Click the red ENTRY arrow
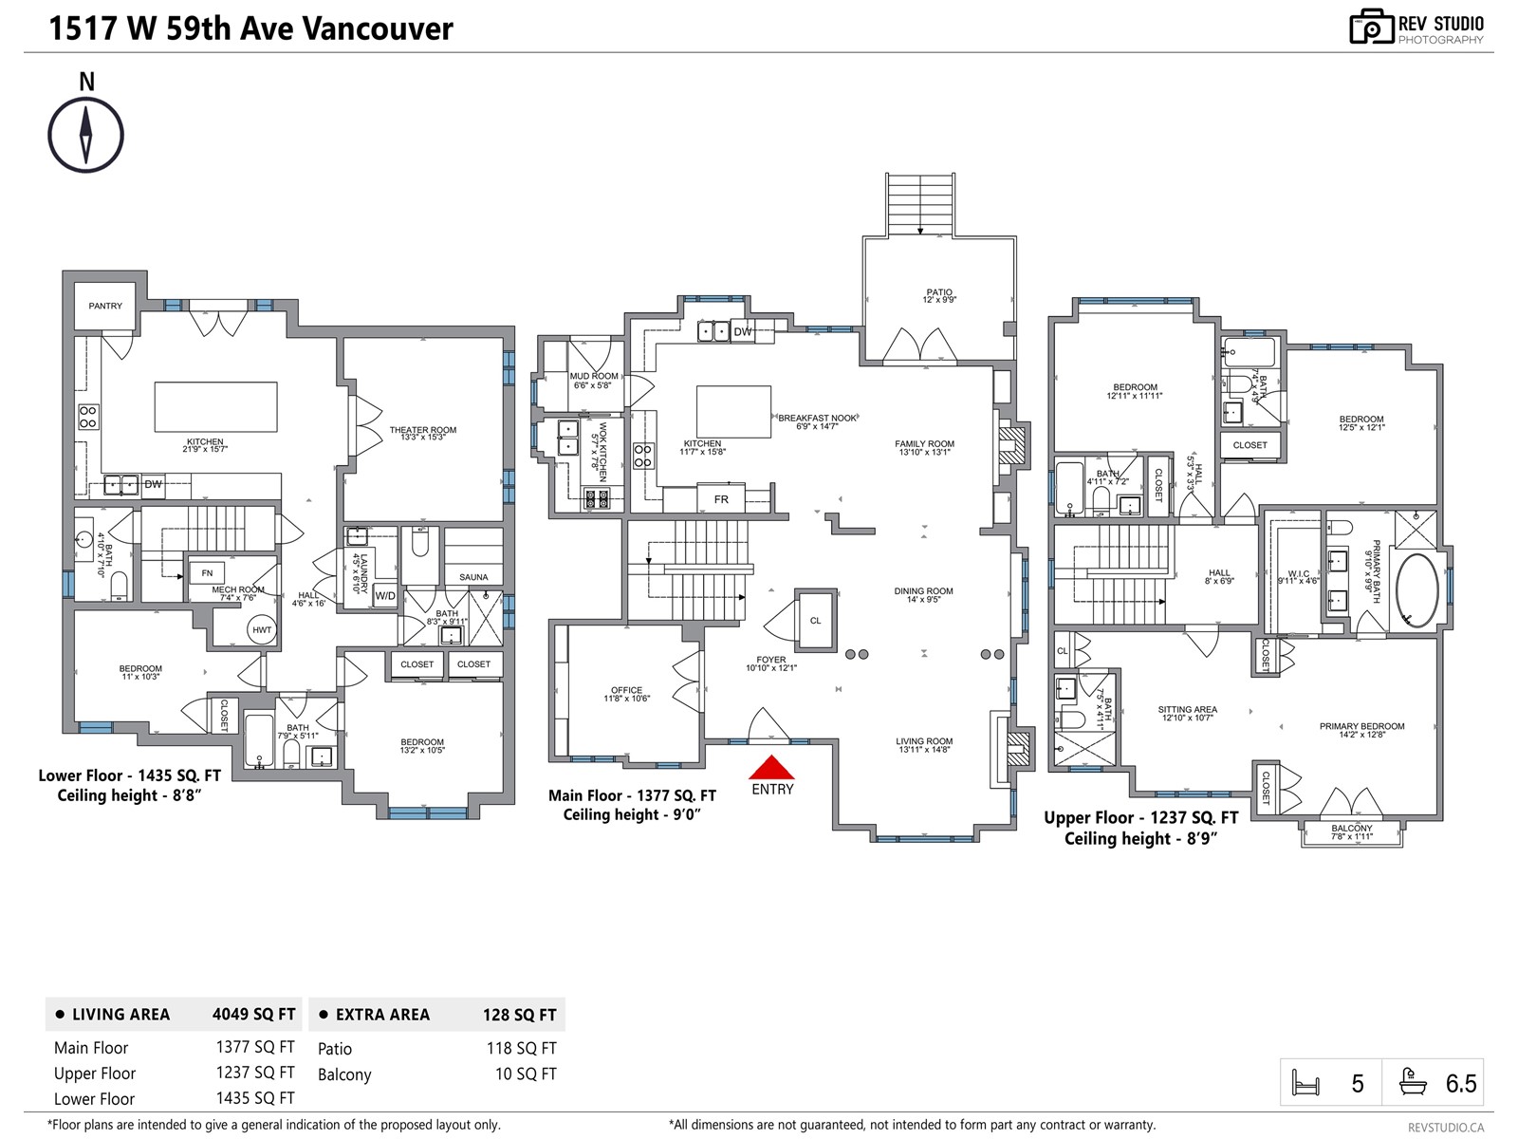coord(771,767)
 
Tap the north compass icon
coord(86,134)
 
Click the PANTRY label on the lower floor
coord(105,306)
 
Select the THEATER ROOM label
coord(422,430)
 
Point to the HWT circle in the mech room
coord(262,629)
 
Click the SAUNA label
coord(473,577)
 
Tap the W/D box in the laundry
coord(385,596)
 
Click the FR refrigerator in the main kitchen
coord(721,499)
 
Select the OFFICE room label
coord(626,690)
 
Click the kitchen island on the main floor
coord(733,411)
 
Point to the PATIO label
coord(939,292)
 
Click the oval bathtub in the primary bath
coord(1416,590)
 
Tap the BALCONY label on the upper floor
coord(1351,828)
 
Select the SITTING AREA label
coord(1187,709)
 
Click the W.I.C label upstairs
coord(1298,574)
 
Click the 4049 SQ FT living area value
coord(253,1014)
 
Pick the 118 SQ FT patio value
coord(521,1048)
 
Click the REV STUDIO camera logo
coord(1371,28)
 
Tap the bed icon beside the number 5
coord(1306,1083)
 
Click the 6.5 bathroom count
coord(1460,1084)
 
